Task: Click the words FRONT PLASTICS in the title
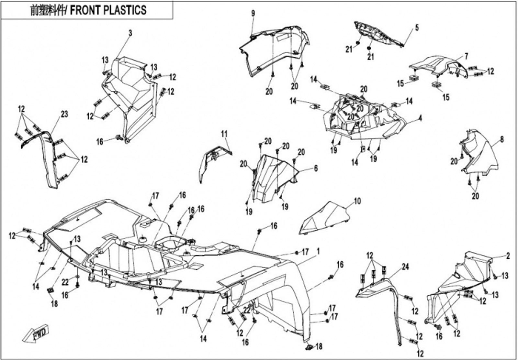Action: pos(108,10)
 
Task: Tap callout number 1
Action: pos(319,251)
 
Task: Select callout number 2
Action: pos(508,256)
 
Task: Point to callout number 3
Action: pos(130,33)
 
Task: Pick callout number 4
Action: pos(420,118)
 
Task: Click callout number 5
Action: pos(417,27)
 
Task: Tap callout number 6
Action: pos(316,168)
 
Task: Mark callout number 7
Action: pos(466,56)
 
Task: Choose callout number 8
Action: pos(502,140)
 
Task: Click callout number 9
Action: pos(253,13)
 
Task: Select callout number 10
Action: pos(357,201)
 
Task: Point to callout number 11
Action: pos(224,134)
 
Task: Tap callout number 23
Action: pos(64,114)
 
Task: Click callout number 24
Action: pos(405,267)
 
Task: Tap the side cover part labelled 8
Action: pos(482,155)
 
